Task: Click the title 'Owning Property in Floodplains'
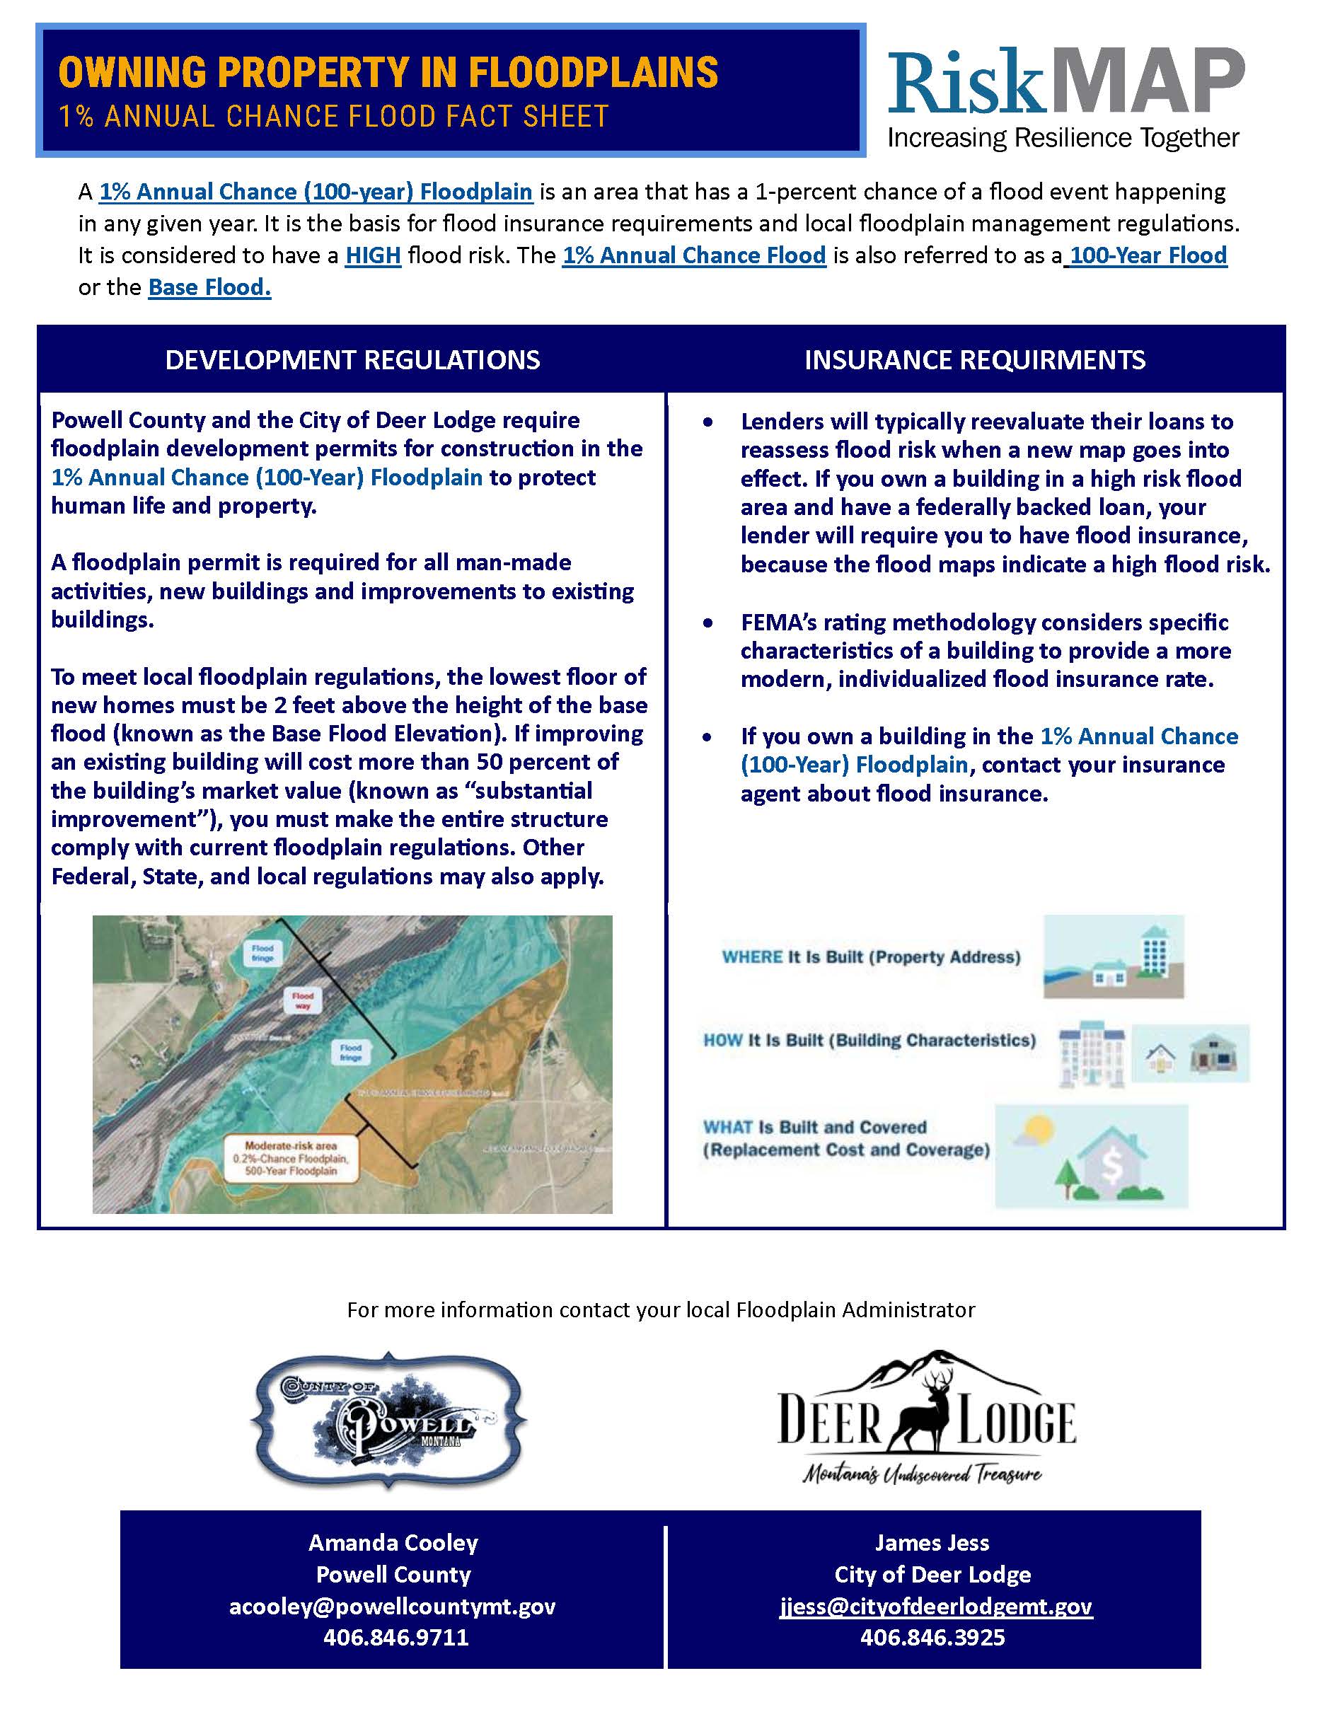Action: pyautogui.click(x=388, y=72)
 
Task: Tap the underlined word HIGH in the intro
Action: pyautogui.click(x=373, y=255)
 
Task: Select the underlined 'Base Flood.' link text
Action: pyautogui.click(x=209, y=288)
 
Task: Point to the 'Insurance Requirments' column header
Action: pyautogui.click(x=974, y=360)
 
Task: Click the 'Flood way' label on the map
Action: pyautogui.click(x=303, y=1000)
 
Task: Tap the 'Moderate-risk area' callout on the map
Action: pyautogui.click(x=290, y=1159)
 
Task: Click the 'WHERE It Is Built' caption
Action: pyautogui.click(x=871, y=957)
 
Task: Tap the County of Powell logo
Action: pyautogui.click(x=388, y=1421)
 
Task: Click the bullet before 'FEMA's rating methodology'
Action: pyautogui.click(x=708, y=623)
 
